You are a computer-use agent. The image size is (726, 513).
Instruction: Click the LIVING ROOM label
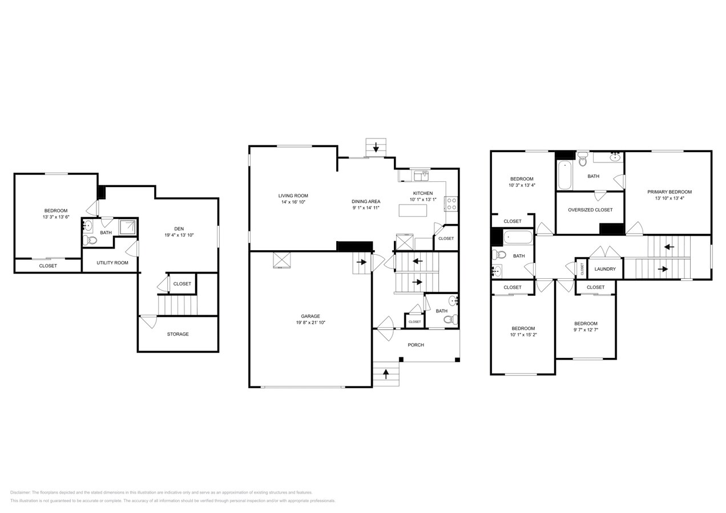(293, 196)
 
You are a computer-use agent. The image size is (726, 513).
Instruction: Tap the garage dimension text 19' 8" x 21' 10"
(310, 323)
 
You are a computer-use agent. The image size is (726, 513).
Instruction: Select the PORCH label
(416, 345)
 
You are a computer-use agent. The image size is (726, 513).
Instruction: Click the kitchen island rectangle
(413, 210)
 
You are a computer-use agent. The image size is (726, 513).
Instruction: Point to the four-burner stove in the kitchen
(451, 203)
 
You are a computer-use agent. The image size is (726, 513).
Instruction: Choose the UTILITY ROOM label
(112, 263)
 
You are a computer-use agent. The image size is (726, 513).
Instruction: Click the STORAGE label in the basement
(178, 334)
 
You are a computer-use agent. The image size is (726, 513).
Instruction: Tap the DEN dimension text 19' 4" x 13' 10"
(179, 235)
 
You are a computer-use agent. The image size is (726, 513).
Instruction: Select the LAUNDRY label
(605, 269)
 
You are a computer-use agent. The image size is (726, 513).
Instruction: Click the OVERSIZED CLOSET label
(590, 210)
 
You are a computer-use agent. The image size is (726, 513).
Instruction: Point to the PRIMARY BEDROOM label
(669, 192)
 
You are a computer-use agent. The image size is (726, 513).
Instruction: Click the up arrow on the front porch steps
(386, 374)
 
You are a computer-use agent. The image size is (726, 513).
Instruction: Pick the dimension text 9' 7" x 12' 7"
(586, 329)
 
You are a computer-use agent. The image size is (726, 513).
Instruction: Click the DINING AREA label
(366, 201)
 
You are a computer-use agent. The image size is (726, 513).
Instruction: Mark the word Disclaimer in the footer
(20, 492)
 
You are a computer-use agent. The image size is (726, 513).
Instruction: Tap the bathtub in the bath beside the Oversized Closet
(564, 175)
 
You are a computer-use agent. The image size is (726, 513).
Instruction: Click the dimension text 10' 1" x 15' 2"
(523, 335)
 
